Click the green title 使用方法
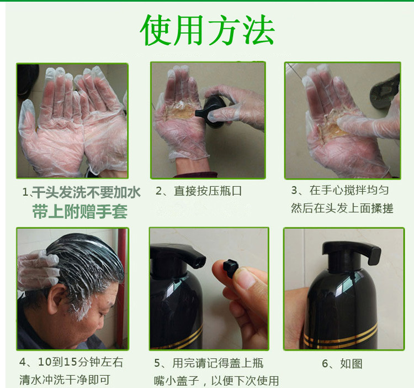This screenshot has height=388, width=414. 208,30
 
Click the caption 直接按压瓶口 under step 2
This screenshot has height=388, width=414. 208,191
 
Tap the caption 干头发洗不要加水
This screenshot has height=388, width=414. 86,192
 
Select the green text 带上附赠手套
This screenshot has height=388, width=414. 79,212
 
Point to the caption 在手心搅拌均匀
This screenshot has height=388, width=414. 349,190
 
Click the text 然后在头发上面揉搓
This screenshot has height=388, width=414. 342,208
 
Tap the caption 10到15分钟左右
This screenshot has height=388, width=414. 80,362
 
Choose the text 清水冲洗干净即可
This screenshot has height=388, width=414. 65,380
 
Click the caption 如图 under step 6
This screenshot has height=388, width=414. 351,364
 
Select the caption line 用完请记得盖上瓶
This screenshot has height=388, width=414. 218,363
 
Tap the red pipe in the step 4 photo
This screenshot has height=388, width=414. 122,288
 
